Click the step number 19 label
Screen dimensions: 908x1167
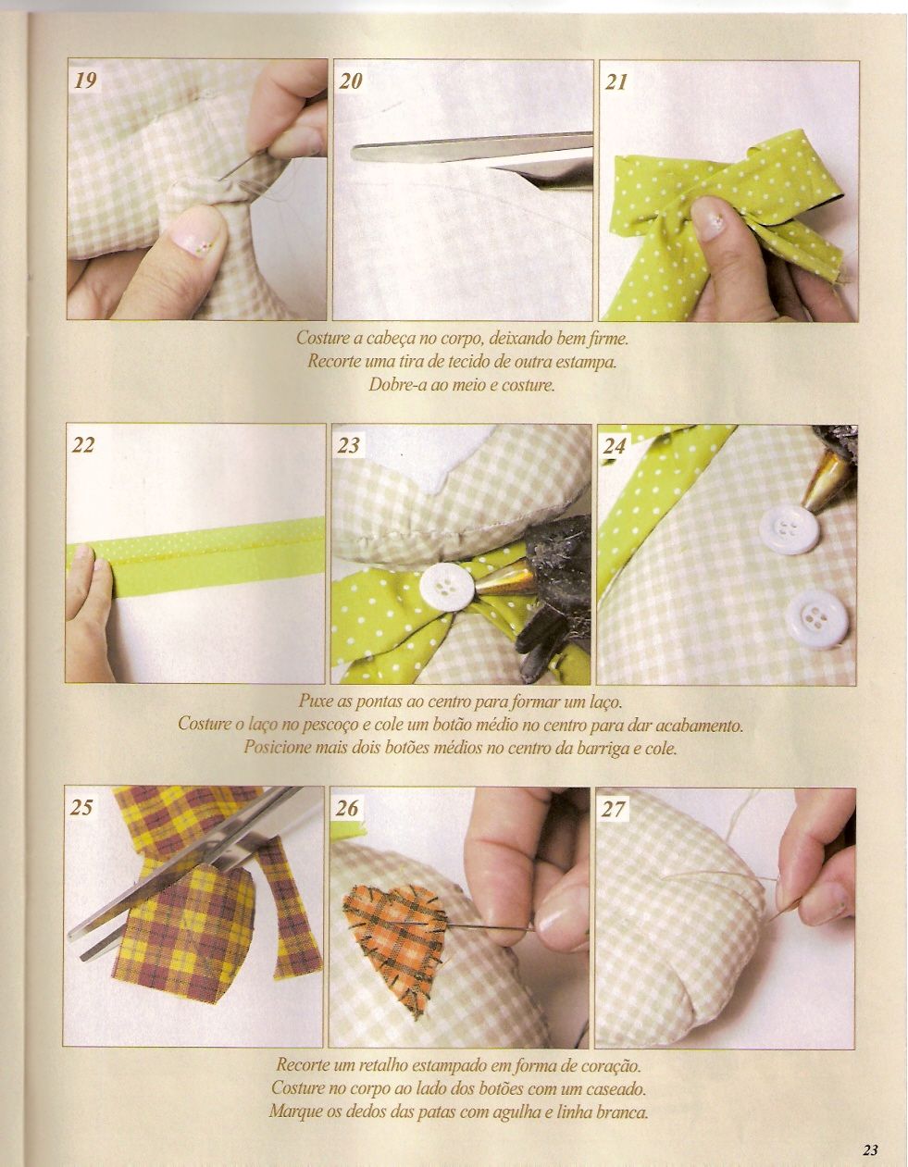(85, 81)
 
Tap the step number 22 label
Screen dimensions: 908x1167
(83, 445)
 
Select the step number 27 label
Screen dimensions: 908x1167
(614, 808)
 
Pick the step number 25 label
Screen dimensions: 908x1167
(81, 807)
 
